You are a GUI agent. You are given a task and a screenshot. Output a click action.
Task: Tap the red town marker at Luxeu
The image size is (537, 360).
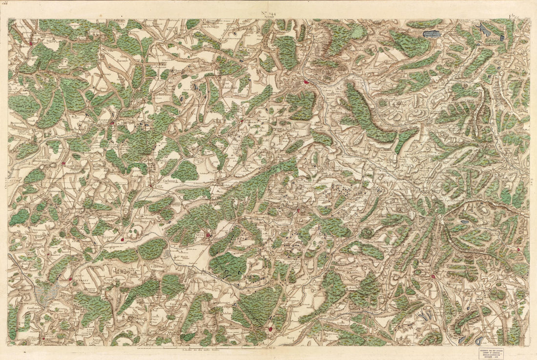point(208,236)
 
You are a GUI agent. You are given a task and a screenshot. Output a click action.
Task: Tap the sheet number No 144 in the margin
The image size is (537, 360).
point(268,10)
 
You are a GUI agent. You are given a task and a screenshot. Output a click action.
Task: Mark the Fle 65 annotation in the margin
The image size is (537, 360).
point(513,17)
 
